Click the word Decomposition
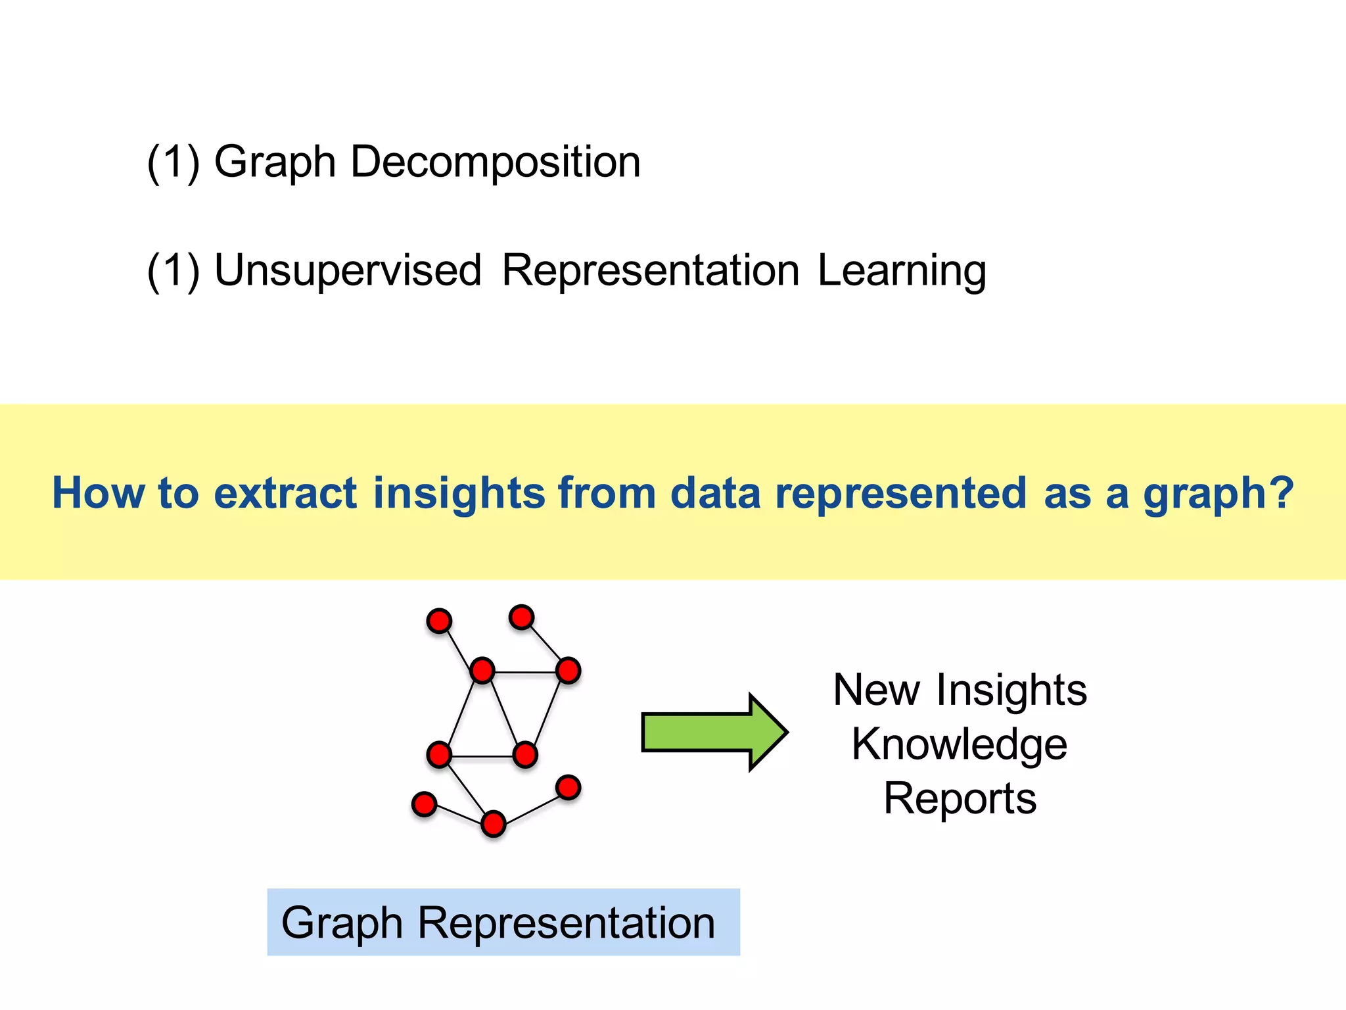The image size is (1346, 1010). tap(495, 162)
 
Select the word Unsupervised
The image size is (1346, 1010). tap(348, 270)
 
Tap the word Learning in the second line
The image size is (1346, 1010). tap(902, 270)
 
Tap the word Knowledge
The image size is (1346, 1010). tap(960, 744)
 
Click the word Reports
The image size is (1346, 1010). tap(960, 798)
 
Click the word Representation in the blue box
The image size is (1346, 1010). tap(567, 923)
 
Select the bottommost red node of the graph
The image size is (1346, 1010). tap(493, 824)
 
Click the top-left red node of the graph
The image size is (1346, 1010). tap(439, 621)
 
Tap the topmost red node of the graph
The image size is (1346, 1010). tap(521, 617)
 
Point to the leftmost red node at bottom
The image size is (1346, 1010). tap(424, 804)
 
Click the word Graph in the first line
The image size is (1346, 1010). tap(275, 162)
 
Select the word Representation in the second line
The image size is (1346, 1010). tap(650, 270)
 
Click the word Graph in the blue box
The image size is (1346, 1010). tap(342, 923)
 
